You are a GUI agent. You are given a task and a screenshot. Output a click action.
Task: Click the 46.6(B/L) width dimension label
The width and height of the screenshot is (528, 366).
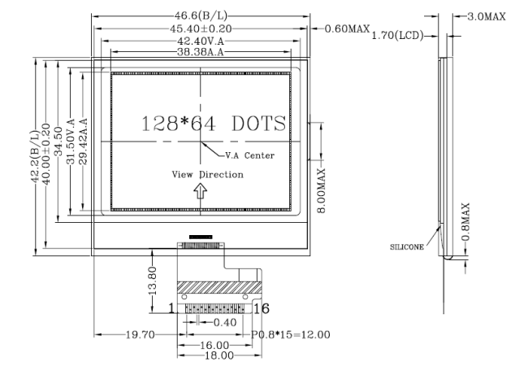(x=201, y=15)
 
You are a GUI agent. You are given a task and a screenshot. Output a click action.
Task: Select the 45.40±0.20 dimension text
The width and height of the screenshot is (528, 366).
(x=201, y=28)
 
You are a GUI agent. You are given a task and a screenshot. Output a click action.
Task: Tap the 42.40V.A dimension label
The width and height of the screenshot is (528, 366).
(x=201, y=41)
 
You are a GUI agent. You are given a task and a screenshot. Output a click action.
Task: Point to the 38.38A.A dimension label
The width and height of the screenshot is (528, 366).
(x=201, y=52)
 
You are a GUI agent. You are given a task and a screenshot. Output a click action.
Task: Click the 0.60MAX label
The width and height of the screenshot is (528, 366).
(x=347, y=28)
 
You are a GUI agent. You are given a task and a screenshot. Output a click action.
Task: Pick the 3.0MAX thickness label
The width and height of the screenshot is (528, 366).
(x=487, y=16)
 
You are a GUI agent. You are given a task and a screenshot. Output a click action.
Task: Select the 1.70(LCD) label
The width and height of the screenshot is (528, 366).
(x=397, y=35)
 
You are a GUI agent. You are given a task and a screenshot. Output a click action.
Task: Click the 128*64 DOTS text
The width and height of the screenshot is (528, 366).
(x=214, y=123)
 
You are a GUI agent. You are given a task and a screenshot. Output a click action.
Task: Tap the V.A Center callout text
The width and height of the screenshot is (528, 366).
(x=250, y=155)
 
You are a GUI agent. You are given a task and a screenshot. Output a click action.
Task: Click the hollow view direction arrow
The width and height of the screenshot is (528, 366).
(x=201, y=191)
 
